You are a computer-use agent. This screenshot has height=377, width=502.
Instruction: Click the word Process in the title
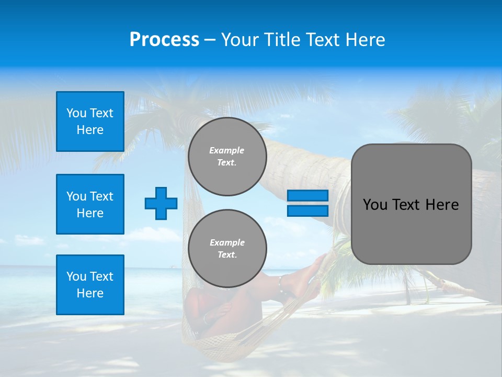point(164,40)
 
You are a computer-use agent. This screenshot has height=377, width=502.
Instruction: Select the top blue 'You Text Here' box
point(90,121)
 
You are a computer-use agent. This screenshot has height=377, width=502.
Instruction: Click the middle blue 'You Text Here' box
point(90,204)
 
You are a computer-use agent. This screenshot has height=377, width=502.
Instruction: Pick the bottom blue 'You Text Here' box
point(90,285)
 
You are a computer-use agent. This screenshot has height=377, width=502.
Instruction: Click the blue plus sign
point(161,203)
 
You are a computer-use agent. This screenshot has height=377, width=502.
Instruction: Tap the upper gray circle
point(227,157)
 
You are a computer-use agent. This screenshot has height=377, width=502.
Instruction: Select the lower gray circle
point(227,248)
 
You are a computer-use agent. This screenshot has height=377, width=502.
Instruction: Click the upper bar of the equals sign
point(307,196)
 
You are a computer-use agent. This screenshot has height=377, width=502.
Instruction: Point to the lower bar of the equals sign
point(307,210)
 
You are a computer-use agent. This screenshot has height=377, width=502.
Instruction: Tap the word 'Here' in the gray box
point(442,205)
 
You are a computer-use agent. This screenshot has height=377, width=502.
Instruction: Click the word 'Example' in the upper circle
point(227,150)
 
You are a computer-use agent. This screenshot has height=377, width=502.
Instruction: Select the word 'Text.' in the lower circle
point(227,255)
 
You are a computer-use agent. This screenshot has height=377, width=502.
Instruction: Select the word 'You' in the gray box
point(375,205)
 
